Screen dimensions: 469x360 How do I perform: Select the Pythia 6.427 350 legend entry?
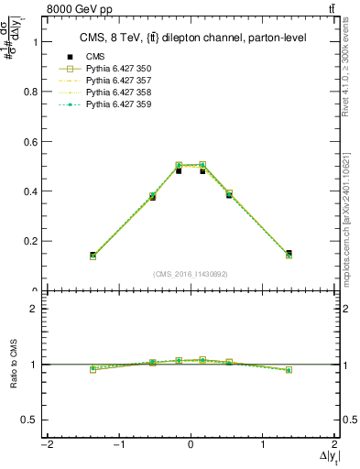pyautogui.click(x=118, y=69)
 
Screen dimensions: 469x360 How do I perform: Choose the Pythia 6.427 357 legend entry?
pyautogui.click(x=118, y=81)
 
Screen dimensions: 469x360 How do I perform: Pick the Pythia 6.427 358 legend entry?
pyautogui.click(x=118, y=93)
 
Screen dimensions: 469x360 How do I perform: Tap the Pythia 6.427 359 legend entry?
pyautogui.click(x=118, y=104)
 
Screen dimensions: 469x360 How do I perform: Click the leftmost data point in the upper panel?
pyautogui.click(x=93, y=256)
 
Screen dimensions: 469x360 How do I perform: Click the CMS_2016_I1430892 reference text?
pyautogui.click(x=191, y=274)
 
